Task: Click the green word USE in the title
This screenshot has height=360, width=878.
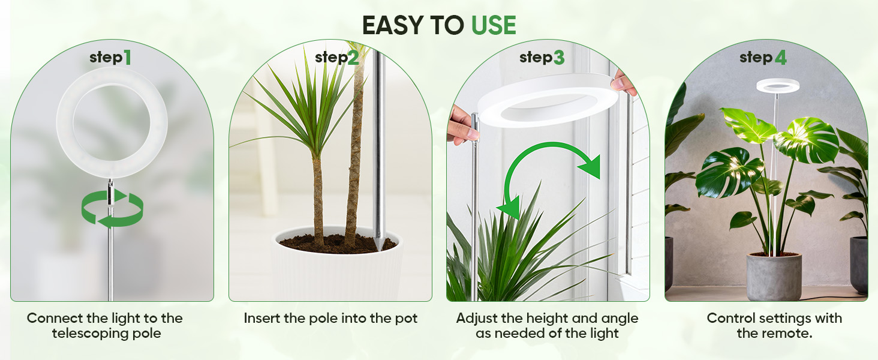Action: pyautogui.click(x=493, y=25)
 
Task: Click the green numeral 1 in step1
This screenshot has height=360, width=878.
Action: pyautogui.click(x=127, y=58)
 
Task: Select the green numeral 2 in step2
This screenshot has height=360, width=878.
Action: pyautogui.click(x=353, y=58)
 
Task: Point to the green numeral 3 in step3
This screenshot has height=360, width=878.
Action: pyautogui.click(x=558, y=58)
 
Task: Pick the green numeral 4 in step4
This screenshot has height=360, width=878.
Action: pyautogui.click(x=780, y=58)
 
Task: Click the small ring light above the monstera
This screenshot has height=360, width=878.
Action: pyautogui.click(x=778, y=85)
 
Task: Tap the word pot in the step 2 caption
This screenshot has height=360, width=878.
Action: pyautogui.click(x=406, y=318)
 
